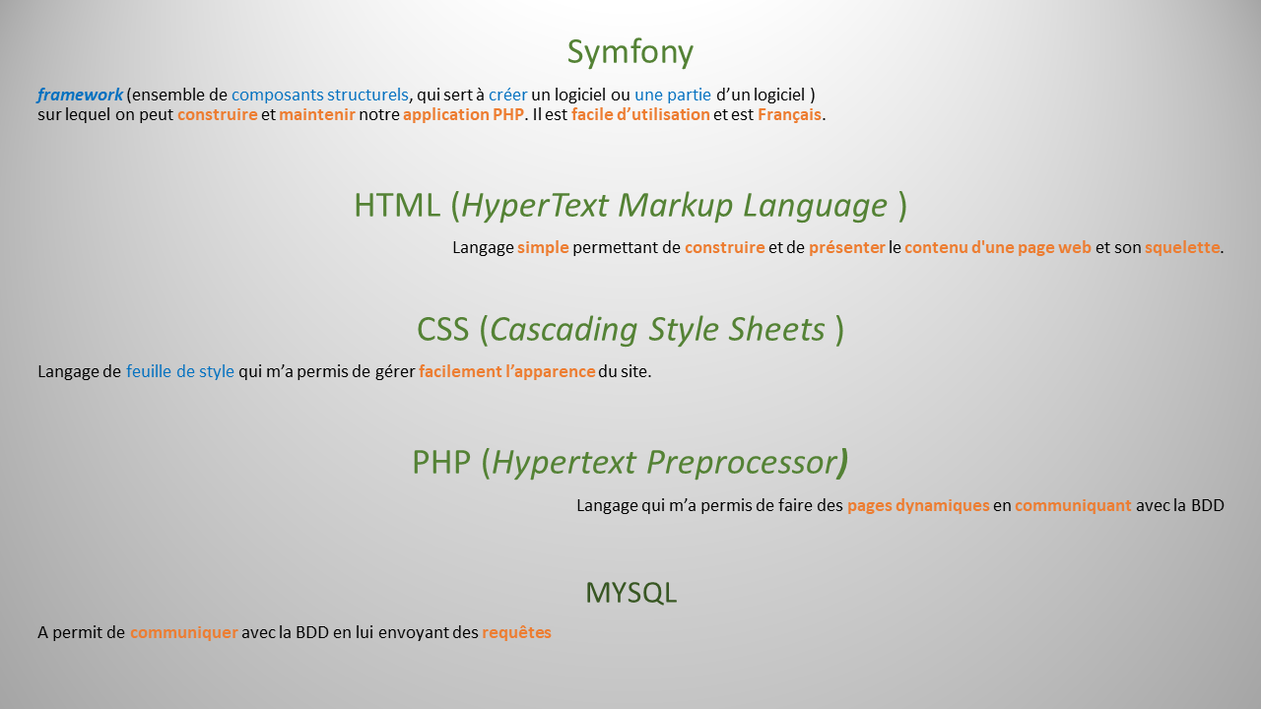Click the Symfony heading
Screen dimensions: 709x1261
(630, 52)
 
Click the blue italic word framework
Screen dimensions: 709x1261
(80, 96)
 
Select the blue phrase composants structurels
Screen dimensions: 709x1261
(319, 96)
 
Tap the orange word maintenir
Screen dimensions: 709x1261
(316, 114)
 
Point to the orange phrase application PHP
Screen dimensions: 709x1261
(463, 114)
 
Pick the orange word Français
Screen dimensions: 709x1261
(789, 114)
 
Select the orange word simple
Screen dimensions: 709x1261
(543, 248)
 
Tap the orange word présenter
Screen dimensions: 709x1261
(846, 248)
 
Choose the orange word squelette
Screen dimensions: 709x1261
(1181, 248)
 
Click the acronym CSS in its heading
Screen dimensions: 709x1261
(442, 329)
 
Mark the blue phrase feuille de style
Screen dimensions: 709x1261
(180, 372)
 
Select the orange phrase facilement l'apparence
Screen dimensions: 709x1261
(506, 372)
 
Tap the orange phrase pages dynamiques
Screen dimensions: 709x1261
(918, 506)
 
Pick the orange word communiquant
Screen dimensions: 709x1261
(1073, 506)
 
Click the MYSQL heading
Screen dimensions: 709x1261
(630, 593)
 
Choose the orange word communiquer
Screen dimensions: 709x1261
(183, 633)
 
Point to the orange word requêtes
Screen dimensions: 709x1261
(516, 633)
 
